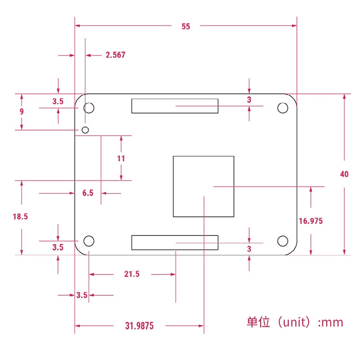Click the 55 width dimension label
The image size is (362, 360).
pos(186,27)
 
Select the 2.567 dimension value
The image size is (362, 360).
pos(115,55)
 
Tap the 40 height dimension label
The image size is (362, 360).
pos(344,174)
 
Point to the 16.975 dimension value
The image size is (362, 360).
pos(311,221)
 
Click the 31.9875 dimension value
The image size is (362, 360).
pos(139,326)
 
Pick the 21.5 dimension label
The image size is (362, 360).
pos(132,274)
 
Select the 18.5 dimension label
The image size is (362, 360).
pos(20,217)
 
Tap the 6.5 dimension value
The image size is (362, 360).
pos(88,193)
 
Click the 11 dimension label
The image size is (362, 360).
pos(121,158)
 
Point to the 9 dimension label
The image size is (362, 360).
pos(22,111)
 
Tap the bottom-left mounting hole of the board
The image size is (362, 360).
pos(89,241)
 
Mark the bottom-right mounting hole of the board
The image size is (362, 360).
pos(282,241)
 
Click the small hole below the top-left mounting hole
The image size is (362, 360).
pos(85,129)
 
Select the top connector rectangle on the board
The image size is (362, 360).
pos(175,106)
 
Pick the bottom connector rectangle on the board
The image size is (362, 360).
pos(175,243)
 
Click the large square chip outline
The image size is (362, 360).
pos(203,186)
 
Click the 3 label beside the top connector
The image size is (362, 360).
pos(249,100)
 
